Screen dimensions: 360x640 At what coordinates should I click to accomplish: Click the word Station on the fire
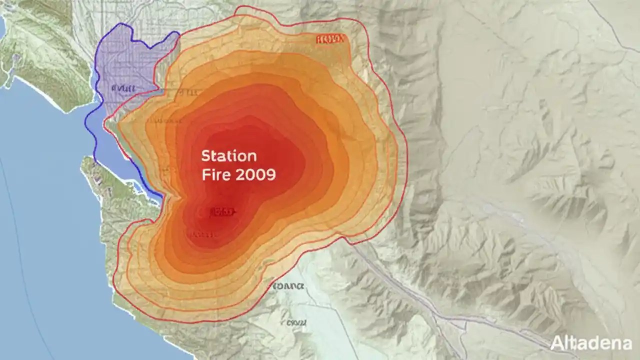point(229,156)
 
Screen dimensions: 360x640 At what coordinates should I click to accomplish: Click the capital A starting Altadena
point(556,343)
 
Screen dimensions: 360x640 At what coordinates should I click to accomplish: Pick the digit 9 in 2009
point(270,175)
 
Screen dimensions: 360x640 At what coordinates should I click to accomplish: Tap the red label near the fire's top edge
point(330,39)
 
